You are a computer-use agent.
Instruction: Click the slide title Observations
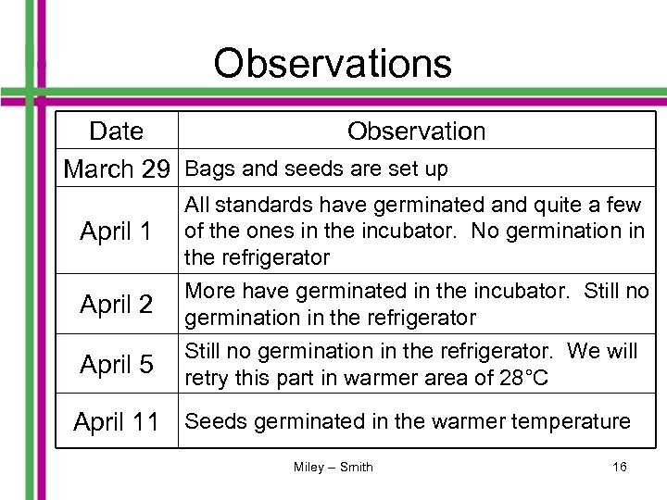tap(333, 64)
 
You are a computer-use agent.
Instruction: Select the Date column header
tap(117, 132)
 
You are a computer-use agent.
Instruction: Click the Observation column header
tap(416, 132)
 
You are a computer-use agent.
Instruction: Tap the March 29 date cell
tap(117, 169)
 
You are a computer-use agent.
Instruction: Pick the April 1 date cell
tap(116, 231)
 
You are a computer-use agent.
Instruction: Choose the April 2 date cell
tap(116, 304)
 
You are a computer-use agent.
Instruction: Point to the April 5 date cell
tap(116, 365)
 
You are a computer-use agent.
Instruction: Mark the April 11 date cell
tap(116, 422)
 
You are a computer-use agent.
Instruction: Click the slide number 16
tap(619, 467)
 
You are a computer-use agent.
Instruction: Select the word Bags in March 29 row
tap(205, 169)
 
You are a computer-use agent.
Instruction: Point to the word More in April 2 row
tap(208, 292)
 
